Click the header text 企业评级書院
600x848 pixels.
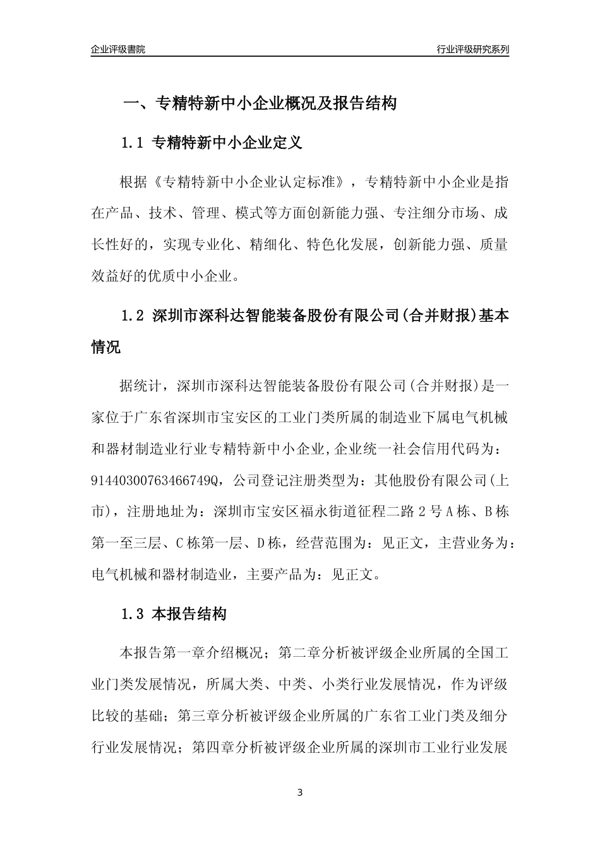pos(118,49)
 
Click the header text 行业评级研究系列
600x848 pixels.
pos(472,49)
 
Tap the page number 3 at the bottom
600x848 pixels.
pos(300,792)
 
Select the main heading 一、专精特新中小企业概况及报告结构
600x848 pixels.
pos(259,103)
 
